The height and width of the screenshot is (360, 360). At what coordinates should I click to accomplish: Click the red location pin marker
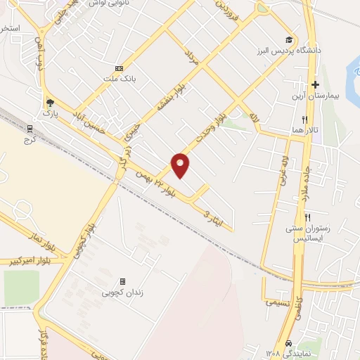[x=181, y=165]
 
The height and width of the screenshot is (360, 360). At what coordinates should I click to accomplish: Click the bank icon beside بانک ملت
[x=119, y=68]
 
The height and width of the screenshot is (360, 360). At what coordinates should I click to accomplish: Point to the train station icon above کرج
[x=30, y=129]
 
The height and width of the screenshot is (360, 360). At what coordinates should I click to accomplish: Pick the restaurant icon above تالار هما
[x=304, y=120]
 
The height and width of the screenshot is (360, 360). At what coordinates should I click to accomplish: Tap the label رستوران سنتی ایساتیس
[x=309, y=234]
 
